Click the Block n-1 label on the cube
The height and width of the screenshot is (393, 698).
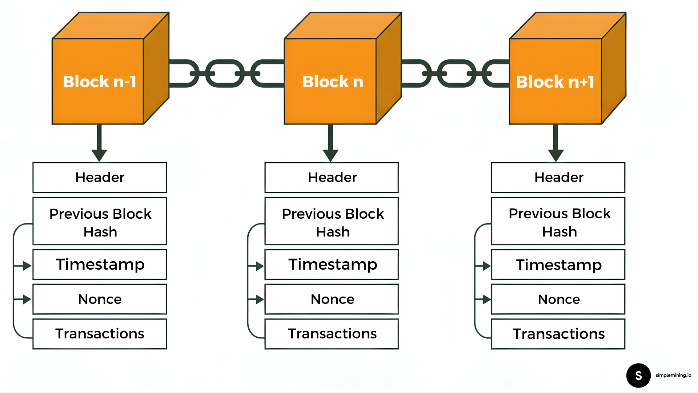click(99, 82)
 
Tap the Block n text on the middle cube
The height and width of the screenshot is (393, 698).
click(333, 82)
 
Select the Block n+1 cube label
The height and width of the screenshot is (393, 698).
click(555, 82)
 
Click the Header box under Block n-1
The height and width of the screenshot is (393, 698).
click(100, 178)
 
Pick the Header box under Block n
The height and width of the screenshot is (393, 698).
click(332, 178)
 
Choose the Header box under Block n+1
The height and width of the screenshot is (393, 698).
click(558, 178)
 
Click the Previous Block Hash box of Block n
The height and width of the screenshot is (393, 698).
click(332, 222)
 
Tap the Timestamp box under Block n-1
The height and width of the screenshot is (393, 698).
click(100, 265)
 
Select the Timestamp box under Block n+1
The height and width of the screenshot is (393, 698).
click(558, 265)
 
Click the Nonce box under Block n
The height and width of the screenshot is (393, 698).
click(332, 299)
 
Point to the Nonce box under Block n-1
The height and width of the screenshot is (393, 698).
click(100, 299)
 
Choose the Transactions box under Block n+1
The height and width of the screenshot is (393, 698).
click(558, 334)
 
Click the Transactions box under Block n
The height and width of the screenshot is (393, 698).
click(332, 334)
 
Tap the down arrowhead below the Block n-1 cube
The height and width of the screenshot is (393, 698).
click(99, 155)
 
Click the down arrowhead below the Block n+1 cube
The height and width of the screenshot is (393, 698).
click(555, 155)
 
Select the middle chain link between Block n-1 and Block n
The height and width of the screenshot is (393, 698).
click(225, 74)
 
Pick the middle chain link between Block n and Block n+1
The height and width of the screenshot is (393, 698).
click(457, 74)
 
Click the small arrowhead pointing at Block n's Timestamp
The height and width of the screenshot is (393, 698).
click(260, 266)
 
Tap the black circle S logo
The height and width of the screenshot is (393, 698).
click(638, 376)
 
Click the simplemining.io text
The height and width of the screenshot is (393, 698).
click(673, 375)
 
